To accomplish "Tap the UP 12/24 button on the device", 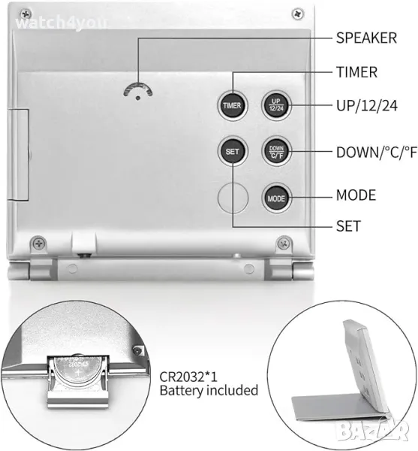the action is click(x=276, y=105).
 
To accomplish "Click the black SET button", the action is click(x=232, y=151).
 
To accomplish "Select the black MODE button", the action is click(x=276, y=198).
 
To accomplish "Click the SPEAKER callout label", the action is click(x=366, y=38).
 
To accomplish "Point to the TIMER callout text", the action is click(x=356, y=72).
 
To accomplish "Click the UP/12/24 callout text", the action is click(x=367, y=105).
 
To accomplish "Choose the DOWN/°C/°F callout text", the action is click(x=377, y=152).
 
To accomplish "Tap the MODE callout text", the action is click(x=356, y=195).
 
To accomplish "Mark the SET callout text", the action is click(x=348, y=226).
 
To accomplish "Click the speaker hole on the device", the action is click(x=138, y=98).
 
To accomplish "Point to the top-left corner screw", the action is click(x=26, y=14).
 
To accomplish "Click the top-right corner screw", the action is click(x=298, y=14).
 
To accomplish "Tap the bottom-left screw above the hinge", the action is click(x=38, y=244).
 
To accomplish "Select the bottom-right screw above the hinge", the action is click(x=284, y=244).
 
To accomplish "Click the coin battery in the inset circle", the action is click(x=77, y=371).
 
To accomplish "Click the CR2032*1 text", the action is click(x=188, y=377).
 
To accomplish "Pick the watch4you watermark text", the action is click(x=62, y=23).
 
